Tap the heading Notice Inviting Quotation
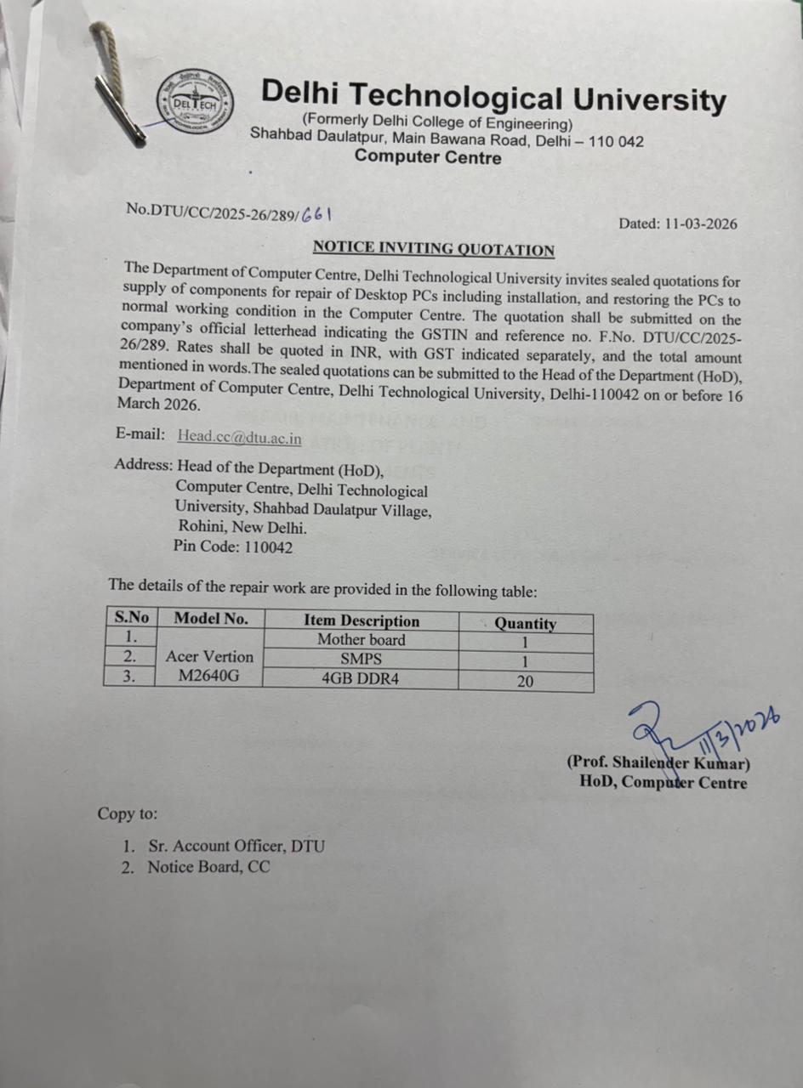pos(433,249)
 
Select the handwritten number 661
pos(316,215)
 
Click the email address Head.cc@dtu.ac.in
pos(239,438)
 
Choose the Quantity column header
pos(525,623)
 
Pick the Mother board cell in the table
pos(361,640)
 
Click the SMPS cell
pos(361,660)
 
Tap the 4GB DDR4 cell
pos(361,679)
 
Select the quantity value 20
pos(526,681)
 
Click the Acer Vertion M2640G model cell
pos(209,668)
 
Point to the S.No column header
pos(131,618)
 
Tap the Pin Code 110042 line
pos(233,547)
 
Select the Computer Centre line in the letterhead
pos(428,157)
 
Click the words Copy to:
pos(128,813)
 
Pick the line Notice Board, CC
pos(208,867)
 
